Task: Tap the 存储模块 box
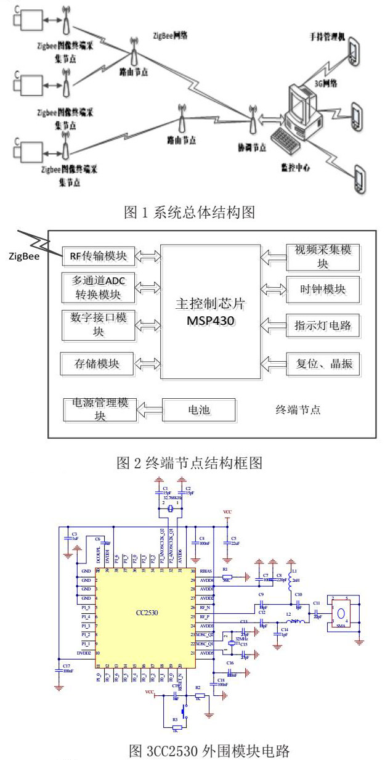point(99,364)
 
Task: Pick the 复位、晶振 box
point(322,363)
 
